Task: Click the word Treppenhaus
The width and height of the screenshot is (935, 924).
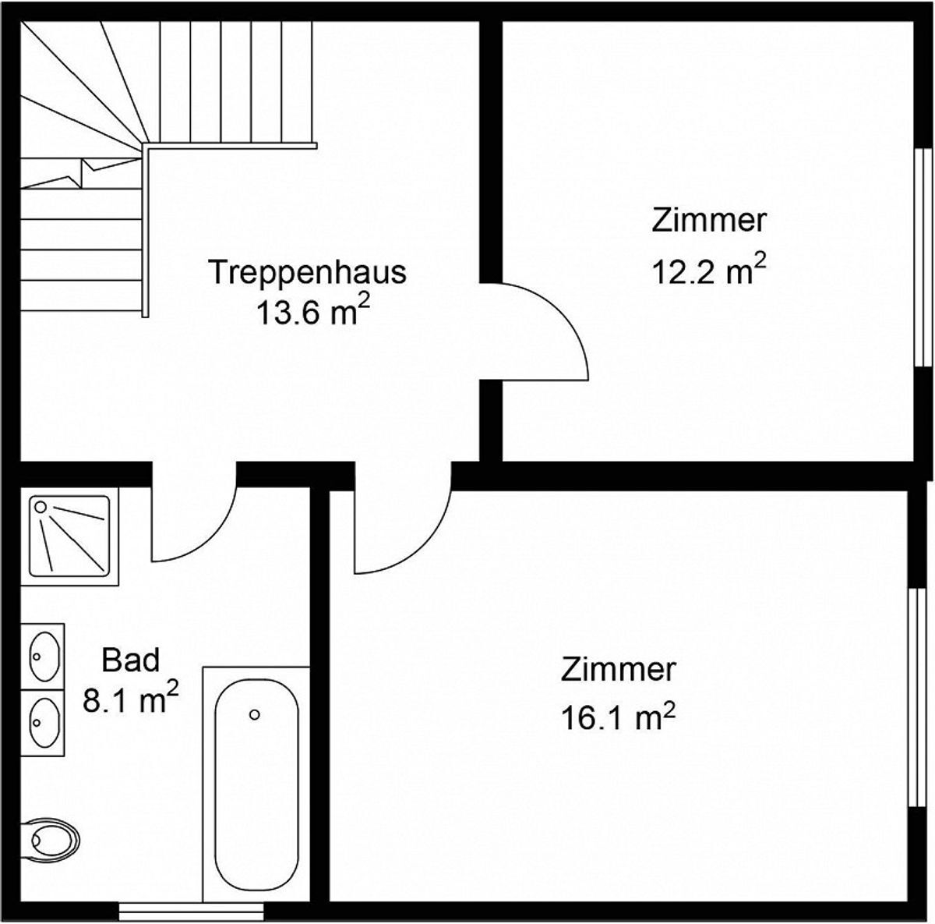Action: point(308,273)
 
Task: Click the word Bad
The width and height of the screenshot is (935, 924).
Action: point(131,660)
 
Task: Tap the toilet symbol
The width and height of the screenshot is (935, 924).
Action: point(51,838)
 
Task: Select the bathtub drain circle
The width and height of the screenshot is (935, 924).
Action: point(254,714)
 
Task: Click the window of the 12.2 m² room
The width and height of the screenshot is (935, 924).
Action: point(923,257)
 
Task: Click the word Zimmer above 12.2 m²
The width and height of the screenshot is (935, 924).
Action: point(709,221)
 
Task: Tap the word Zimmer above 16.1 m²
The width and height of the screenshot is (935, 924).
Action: point(618,670)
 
